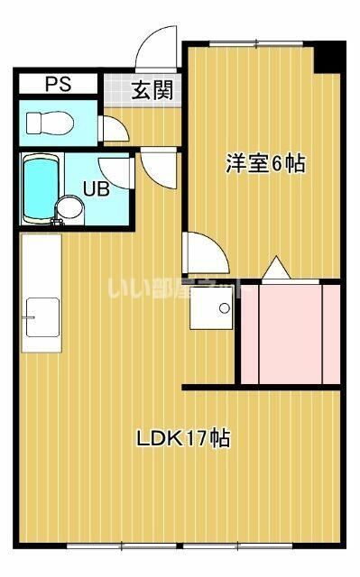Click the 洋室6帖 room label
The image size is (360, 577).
264,164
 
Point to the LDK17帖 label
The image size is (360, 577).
182,440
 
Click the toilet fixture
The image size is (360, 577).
49,121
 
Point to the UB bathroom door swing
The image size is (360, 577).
116,170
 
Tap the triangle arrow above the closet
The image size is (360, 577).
275,268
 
